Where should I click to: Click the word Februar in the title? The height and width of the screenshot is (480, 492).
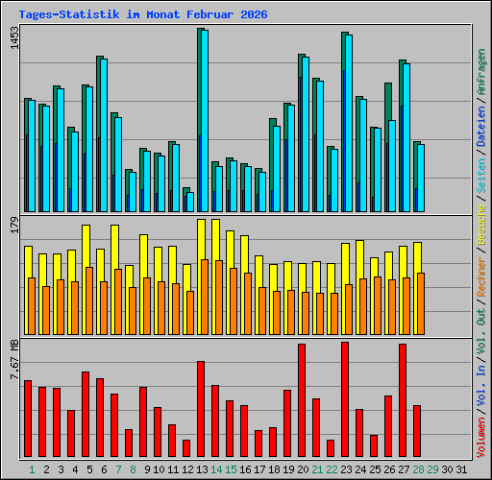click(x=210, y=14)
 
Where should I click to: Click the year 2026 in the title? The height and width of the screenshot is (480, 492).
click(x=254, y=14)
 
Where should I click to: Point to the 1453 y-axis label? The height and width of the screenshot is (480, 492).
click(x=14, y=37)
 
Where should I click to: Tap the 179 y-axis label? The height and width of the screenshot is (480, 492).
click(x=14, y=225)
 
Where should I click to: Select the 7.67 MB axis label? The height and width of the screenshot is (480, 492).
click(x=14, y=360)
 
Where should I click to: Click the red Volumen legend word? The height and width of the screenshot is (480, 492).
click(x=481, y=438)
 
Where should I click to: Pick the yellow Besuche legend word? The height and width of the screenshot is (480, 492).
click(x=481, y=225)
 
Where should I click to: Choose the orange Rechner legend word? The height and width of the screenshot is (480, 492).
click(x=481, y=276)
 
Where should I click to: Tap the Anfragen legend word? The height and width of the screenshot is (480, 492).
click(x=481, y=72)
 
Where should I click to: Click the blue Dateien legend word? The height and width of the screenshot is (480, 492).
click(x=481, y=127)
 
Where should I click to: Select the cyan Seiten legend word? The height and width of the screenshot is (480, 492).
click(x=481, y=175)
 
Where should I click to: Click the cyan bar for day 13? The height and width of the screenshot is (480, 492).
click(x=205, y=121)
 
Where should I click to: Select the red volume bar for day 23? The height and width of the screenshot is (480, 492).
click(x=345, y=399)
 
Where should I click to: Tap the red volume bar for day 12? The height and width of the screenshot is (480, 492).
click(x=186, y=448)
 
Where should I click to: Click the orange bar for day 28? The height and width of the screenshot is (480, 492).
click(x=421, y=303)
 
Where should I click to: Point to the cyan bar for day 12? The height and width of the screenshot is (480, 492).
click(x=190, y=202)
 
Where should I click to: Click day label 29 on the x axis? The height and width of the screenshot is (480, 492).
click(x=432, y=469)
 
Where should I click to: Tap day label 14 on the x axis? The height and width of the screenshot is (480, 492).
click(x=216, y=469)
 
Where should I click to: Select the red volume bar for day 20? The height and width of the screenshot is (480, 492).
click(x=302, y=400)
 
